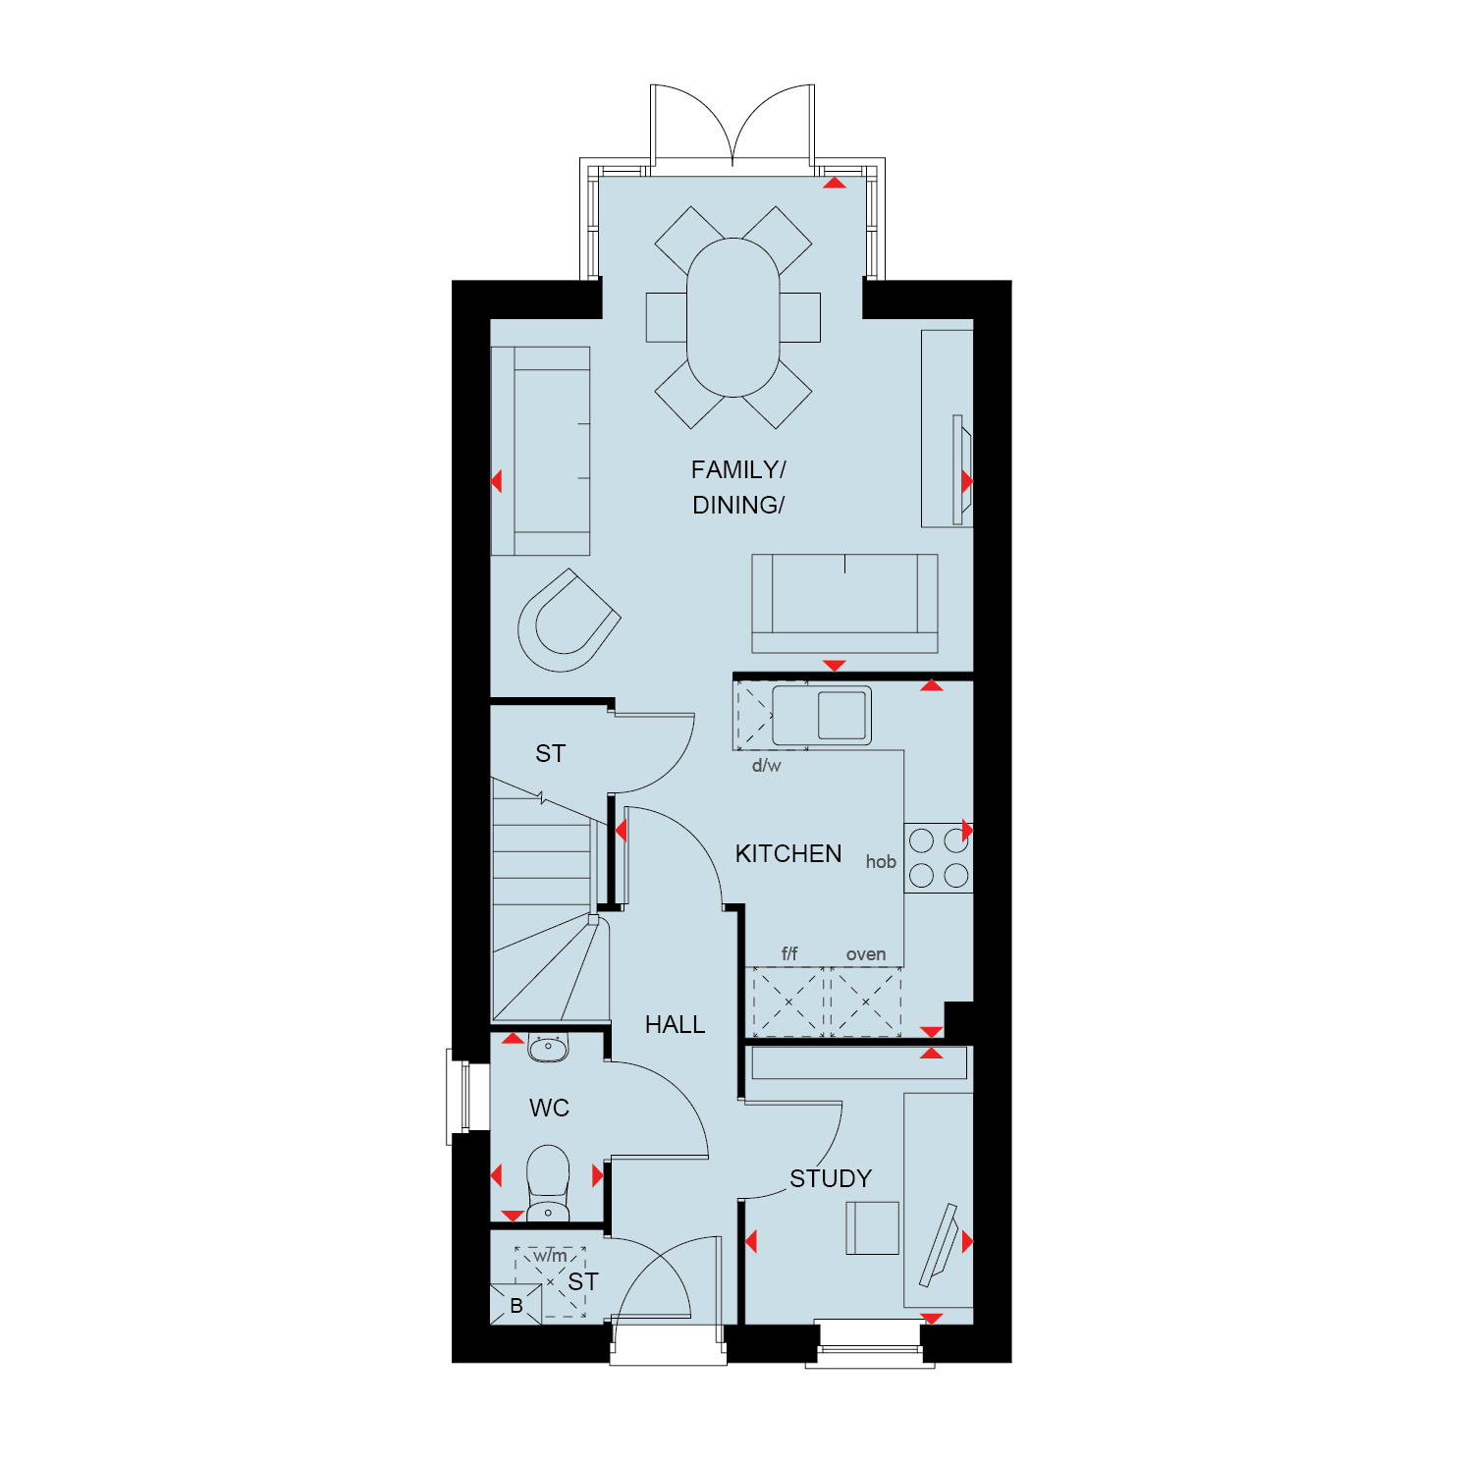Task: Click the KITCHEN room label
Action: coord(788,853)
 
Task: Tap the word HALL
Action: coord(675,1025)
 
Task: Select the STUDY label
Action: coord(831,1178)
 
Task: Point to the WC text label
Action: coord(549,1109)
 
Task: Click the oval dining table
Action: coord(733,317)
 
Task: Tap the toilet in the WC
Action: coord(548,1183)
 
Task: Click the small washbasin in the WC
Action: coord(548,1048)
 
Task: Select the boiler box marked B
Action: coord(515,1305)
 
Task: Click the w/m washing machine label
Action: coord(551,1256)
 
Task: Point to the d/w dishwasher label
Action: coord(767,766)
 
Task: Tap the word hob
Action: coord(881,862)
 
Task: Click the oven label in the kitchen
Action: coord(866,954)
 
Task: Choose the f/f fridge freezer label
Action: coord(789,953)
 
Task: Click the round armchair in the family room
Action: coord(568,621)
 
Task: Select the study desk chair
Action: coord(872,1227)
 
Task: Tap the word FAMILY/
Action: coord(738,470)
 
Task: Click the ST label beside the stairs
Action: coord(550,753)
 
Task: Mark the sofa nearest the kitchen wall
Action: coord(844,603)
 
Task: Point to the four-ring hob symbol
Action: coord(939,857)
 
